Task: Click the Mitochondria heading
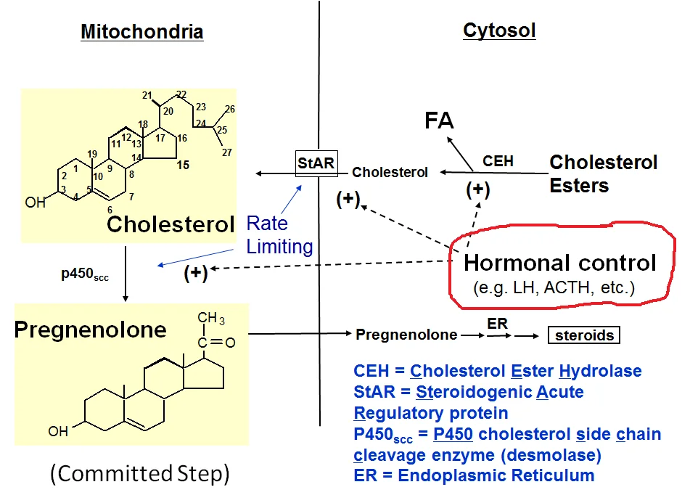click(141, 32)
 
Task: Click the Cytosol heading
click(499, 30)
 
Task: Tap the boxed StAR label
click(316, 163)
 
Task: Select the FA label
click(440, 120)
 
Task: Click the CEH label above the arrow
click(498, 160)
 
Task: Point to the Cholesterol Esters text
click(603, 173)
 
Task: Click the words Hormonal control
click(559, 262)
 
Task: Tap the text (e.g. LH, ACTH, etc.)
click(554, 287)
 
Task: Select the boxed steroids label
click(584, 335)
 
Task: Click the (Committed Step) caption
click(140, 475)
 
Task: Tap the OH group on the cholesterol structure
click(35, 203)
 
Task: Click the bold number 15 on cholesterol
click(183, 165)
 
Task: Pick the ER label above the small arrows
click(498, 323)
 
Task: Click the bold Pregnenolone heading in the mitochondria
click(90, 330)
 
